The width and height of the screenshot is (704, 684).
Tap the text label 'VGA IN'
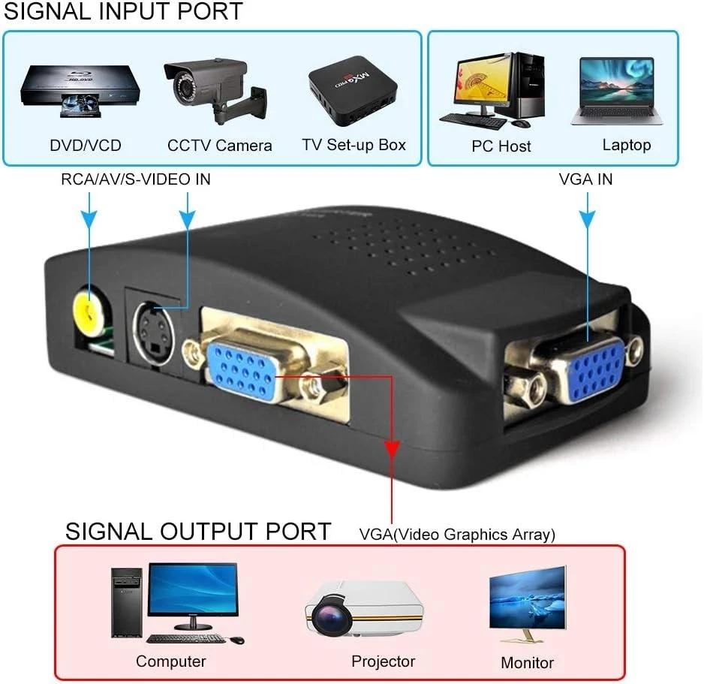point(585,179)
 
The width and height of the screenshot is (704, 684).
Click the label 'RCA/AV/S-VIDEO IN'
point(136,179)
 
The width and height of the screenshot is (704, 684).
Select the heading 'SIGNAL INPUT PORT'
point(124,12)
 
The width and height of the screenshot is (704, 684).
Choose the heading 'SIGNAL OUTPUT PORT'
point(198,531)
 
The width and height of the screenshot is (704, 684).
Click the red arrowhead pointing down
point(391,449)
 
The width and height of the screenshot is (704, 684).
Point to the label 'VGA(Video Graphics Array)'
point(457,535)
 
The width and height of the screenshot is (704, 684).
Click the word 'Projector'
point(383,661)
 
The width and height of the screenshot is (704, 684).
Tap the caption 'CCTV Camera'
point(219,146)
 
